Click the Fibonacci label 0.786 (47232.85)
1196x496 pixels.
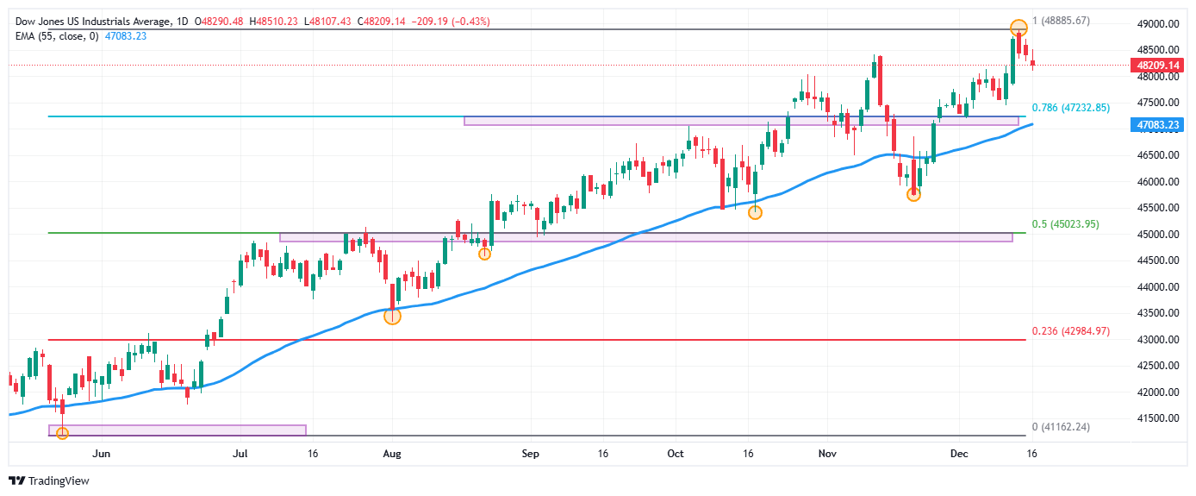point(1070,108)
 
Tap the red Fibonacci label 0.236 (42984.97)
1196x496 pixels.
point(1071,331)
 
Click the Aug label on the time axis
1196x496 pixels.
point(392,453)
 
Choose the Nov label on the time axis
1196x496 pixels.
point(827,453)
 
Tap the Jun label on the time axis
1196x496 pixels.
point(102,453)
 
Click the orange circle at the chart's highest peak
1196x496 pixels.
point(1018,28)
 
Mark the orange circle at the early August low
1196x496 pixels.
point(392,316)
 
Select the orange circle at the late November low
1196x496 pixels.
point(913,195)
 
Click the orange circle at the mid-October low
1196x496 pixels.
point(755,212)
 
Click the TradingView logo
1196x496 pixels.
point(49,480)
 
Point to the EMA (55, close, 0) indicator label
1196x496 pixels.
point(56,35)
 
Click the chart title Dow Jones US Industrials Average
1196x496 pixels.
point(90,21)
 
